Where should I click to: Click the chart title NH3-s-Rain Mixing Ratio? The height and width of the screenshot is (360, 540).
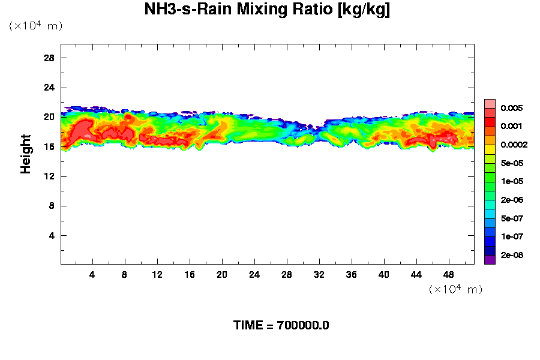coord(267,10)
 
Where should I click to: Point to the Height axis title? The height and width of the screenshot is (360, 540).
coord(26,154)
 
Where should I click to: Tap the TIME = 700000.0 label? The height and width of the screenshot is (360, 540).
coord(281,326)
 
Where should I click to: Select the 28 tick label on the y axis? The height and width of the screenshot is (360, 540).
coord(49,58)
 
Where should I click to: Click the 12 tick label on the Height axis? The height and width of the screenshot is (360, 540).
coord(49,176)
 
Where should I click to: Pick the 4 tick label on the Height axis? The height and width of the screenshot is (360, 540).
coord(52,235)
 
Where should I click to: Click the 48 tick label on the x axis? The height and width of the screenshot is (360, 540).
coord(448,275)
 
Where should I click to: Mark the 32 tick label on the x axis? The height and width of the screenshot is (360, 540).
coord(319,275)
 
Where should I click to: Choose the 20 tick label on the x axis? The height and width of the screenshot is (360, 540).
coord(222,275)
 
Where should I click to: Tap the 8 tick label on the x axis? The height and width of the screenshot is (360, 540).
coord(125,275)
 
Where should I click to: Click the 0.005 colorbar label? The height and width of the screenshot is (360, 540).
coord(512,108)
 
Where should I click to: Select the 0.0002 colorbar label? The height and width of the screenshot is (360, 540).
coord(514,145)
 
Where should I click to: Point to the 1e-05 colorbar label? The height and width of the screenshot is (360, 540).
coord(512,181)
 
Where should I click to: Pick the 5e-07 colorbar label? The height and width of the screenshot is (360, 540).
coord(512,218)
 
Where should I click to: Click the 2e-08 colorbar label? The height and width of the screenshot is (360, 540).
coord(512,255)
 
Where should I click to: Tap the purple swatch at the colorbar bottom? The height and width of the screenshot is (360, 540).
coord(490,260)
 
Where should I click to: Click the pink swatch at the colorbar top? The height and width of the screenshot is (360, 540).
coord(490,103)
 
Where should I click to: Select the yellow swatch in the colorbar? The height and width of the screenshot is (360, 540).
coord(490,149)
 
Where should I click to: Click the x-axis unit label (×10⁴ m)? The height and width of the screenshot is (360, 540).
coord(455,289)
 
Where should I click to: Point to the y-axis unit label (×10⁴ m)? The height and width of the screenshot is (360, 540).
coord(35,26)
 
